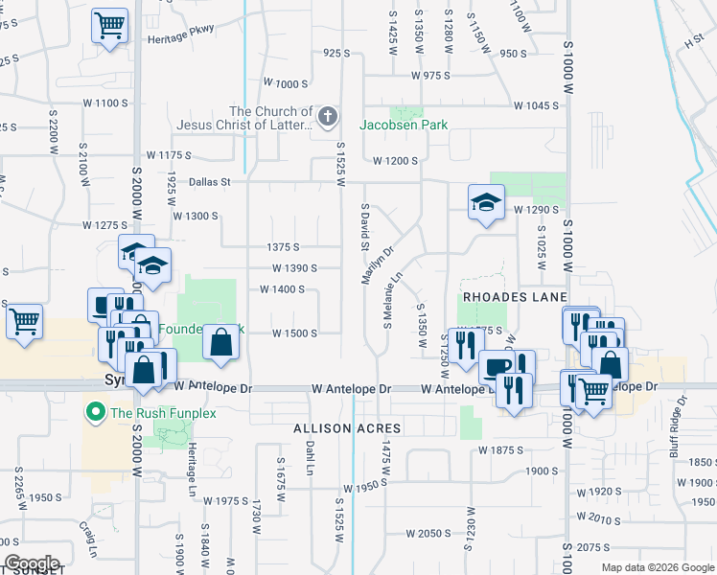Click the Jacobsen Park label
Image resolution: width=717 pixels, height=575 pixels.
pyautogui.click(x=404, y=125)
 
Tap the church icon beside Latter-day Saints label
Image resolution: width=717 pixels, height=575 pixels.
pyautogui.click(x=328, y=118)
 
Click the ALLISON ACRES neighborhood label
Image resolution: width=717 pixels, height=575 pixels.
pyautogui.click(x=334, y=427)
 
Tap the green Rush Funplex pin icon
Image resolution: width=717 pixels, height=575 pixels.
pyautogui.click(x=95, y=414)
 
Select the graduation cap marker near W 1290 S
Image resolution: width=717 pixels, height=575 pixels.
pyautogui.click(x=486, y=202)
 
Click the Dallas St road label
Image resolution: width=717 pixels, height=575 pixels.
pyautogui.click(x=210, y=180)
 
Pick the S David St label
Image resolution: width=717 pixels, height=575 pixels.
pyautogui.click(x=365, y=226)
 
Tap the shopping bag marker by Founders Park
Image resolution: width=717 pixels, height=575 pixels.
pyautogui.click(x=220, y=342)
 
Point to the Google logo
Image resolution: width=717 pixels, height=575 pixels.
pyautogui.click(x=32, y=563)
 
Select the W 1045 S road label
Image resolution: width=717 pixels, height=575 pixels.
pyautogui.click(x=535, y=106)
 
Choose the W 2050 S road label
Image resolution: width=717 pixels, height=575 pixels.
pyautogui.click(x=428, y=533)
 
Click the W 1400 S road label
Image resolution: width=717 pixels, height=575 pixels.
pyautogui.click(x=282, y=289)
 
